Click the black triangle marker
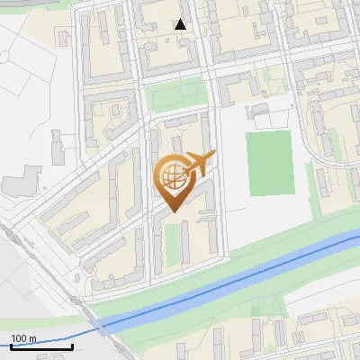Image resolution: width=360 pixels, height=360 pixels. point(181,24)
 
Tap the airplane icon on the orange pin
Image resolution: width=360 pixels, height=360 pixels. point(201,164)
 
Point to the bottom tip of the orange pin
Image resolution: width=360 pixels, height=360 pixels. point(173,211)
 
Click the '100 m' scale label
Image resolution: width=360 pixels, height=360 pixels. point(23,338)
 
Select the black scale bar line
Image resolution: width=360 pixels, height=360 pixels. point(41,346)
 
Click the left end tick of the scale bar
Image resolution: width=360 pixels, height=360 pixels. point(11,345)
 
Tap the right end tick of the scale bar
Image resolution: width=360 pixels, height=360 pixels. point(72,345)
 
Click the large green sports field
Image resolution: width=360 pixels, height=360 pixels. point(271,163)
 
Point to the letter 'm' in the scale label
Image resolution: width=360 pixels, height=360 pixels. point(32,338)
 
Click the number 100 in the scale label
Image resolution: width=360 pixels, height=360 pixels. point(19,338)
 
